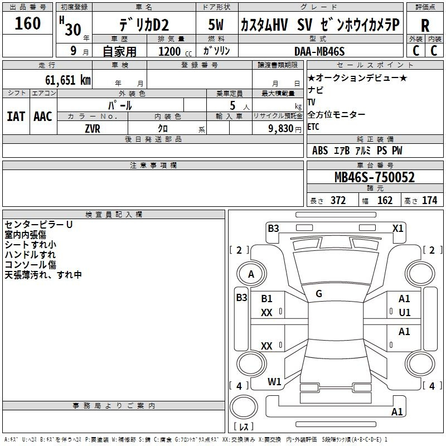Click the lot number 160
[27, 23]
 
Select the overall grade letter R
[425, 26]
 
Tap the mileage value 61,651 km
[68, 80]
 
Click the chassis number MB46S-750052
[375, 177]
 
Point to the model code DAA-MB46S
[319, 51]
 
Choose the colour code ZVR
[93, 129]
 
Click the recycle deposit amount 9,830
[281, 129]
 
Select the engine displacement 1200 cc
[175, 51]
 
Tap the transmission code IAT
[16, 117]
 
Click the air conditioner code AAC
[43, 117]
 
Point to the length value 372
[338, 200]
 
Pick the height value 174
[429, 200]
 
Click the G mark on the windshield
[319, 294]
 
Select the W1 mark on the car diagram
[274, 382]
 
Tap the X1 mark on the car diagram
[397, 229]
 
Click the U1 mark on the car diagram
[405, 313]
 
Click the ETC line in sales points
[313, 127]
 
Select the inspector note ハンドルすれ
[30, 255]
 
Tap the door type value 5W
[216, 25]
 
